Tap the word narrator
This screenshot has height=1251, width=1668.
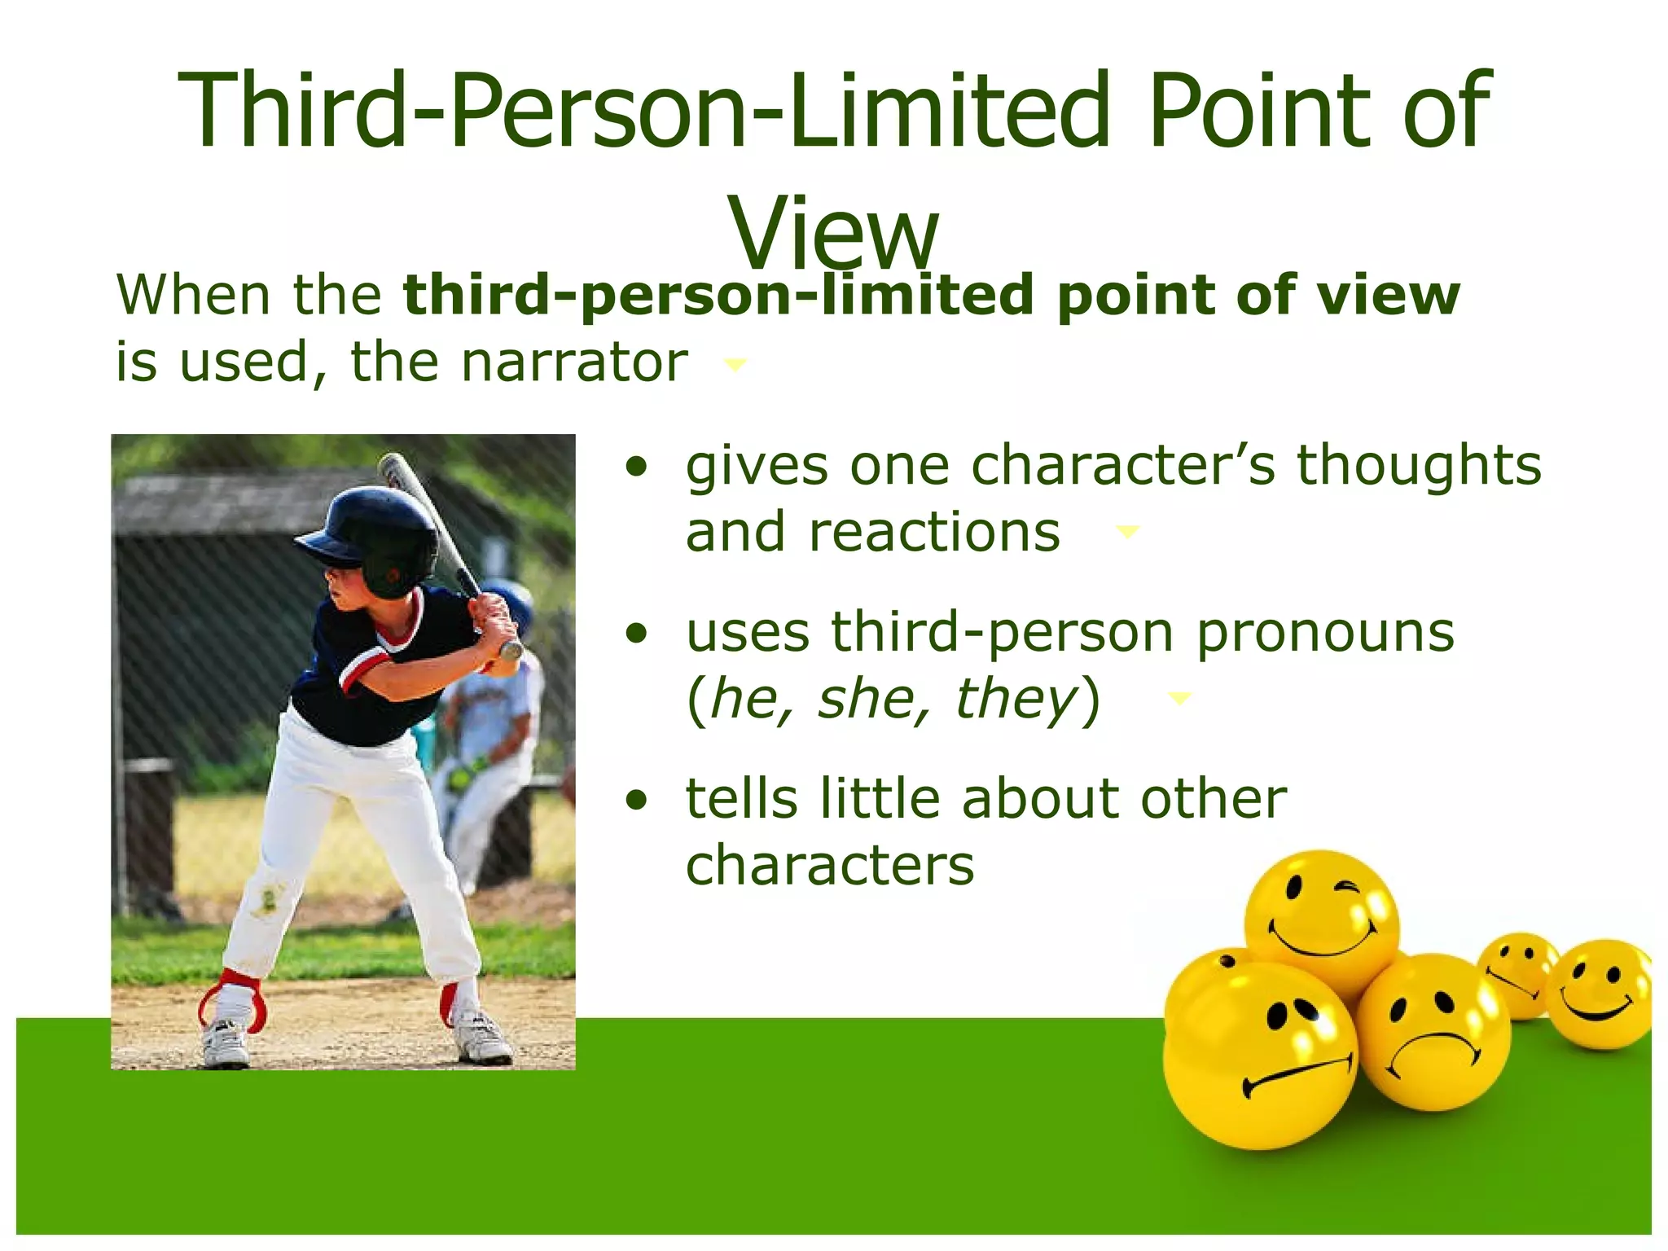click(x=574, y=362)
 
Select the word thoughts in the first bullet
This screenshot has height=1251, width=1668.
click(x=1419, y=466)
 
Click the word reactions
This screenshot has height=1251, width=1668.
click(x=873, y=533)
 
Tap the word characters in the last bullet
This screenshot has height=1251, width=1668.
click(x=830, y=865)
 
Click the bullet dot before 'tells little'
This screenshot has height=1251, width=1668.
click(x=637, y=800)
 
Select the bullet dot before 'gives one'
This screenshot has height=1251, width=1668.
click(x=637, y=467)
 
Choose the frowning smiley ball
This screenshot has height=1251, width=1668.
click(x=1433, y=1033)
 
